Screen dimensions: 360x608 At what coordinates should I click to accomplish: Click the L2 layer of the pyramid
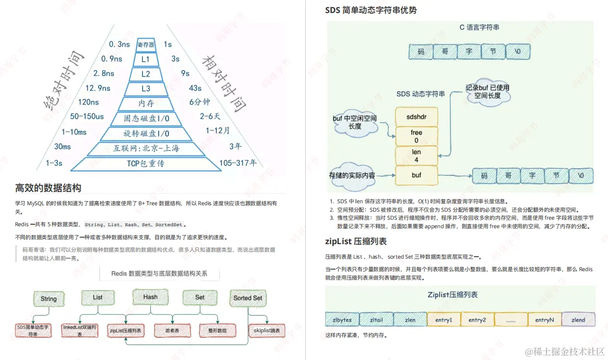pyautogui.click(x=146, y=74)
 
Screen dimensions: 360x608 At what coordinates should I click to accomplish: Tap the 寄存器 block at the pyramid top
pyautogui.click(x=146, y=44)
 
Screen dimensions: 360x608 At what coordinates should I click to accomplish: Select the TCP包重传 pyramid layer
pyautogui.click(x=145, y=163)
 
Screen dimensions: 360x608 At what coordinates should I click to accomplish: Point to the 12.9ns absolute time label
pyautogui.click(x=98, y=88)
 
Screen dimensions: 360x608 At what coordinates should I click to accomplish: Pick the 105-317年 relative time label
pyautogui.click(x=238, y=163)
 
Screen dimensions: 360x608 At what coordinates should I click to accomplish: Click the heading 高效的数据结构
pyautogui.click(x=48, y=188)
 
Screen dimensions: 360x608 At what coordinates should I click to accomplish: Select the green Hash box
pyautogui.click(x=150, y=297)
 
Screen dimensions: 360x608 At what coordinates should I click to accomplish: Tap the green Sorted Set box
pyautogui.click(x=248, y=298)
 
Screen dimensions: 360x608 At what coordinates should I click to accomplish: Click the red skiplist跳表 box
pyautogui.click(x=267, y=331)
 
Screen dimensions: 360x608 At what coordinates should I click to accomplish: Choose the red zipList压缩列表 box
pyautogui.click(x=125, y=331)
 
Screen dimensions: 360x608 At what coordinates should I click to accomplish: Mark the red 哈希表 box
pyautogui.click(x=172, y=331)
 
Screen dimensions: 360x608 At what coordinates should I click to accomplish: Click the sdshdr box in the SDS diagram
pyautogui.click(x=416, y=117)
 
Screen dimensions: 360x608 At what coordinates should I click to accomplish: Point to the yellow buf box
pyautogui.click(x=416, y=175)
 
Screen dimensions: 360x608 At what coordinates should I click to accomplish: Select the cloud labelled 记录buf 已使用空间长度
pyautogui.click(x=487, y=91)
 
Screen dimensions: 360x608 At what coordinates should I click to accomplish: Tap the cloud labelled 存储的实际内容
pyautogui.click(x=352, y=176)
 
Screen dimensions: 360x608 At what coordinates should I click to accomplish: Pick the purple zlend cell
pyautogui.click(x=578, y=320)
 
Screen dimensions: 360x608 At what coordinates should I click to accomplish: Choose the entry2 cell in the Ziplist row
pyautogui.click(x=477, y=320)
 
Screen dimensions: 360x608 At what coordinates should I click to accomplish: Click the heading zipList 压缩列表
pyautogui.click(x=356, y=241)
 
